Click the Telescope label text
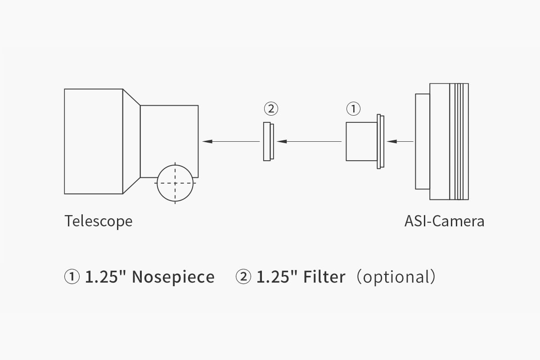[99, 221]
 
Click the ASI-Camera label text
[444, 221]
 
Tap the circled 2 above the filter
[271, 108]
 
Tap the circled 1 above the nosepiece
[353, 108]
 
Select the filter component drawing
[268, 141]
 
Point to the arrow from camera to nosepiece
[400, 141]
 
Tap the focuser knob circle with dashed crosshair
[175, 183]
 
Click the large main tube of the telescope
[94, 141]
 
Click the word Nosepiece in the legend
[173, 277]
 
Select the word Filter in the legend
[324, 277]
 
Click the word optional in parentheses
[396, 277]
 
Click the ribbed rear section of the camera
[459, 141]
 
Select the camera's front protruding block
[422, 141]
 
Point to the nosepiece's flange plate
[381, 141]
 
